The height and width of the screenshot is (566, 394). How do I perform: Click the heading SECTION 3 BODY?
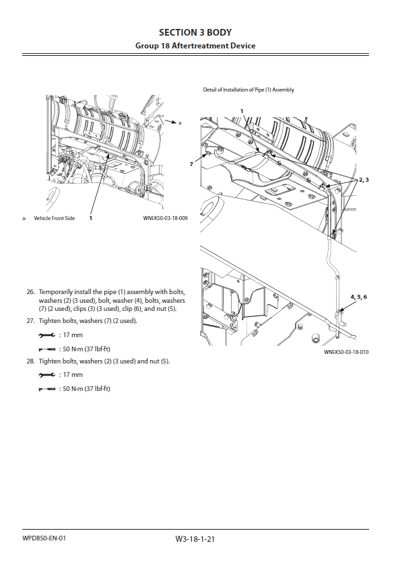pos(195,32)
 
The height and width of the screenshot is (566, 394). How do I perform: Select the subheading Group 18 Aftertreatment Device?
pos(195,46)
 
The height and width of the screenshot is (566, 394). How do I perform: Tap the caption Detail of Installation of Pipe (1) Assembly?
pos(249,90)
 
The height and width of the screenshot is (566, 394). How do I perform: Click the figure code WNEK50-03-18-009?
pos(165,218)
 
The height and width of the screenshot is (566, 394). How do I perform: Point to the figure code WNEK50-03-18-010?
pos(346,352)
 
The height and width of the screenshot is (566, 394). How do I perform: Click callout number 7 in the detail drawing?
pos(191,164)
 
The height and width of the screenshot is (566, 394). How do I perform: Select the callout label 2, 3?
pos(364,180)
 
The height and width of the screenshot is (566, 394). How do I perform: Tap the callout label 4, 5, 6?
pos(358,297)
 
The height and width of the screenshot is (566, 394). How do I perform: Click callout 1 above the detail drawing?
pos(242,111)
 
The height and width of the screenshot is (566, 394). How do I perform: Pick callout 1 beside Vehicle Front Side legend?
pos(91,218)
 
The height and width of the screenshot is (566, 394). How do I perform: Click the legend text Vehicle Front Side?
pos(54,218)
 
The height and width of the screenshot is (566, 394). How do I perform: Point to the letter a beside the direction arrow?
pos(180,123)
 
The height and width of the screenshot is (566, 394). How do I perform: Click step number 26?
pos(30,291)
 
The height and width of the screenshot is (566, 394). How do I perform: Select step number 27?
pos(30,320)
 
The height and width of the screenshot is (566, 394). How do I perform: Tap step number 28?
pos(30,361)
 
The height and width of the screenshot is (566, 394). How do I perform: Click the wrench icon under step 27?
pos(47,335)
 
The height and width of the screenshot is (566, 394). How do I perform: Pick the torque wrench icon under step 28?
pos(47,389)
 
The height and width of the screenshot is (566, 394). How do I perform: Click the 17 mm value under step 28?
pos(73,375)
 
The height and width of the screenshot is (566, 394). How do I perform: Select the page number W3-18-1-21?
pos(195,539)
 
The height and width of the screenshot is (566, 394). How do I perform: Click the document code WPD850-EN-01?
pos(44,538)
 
